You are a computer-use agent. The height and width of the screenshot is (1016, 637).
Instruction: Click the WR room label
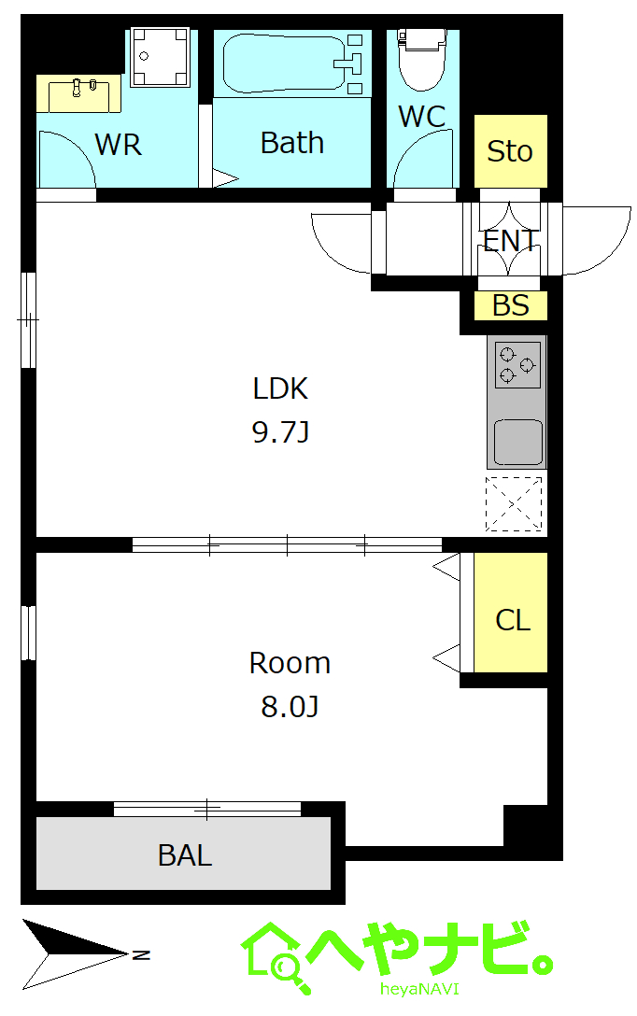(x=118, y=144)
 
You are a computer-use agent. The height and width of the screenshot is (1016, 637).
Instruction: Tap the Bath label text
(x=292, y=143)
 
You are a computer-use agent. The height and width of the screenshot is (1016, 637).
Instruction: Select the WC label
(x=422, y=117)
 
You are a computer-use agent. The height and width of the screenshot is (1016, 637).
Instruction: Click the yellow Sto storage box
(x=511, y=151)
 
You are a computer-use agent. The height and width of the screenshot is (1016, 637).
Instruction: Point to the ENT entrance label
(x=511, y=240)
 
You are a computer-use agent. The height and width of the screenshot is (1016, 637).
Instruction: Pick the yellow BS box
(x=511, y=305)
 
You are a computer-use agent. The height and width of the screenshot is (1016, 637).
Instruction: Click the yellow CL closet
(x=511, y=613)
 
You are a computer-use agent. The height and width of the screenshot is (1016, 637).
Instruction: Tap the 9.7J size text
(x=280, y=431)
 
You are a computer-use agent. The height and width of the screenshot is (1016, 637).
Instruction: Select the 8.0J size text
(x=290, y=706)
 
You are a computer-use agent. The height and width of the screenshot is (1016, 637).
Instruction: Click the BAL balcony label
(x=185, y=855)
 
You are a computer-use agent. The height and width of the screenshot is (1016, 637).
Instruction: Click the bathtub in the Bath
(x=285, y=63)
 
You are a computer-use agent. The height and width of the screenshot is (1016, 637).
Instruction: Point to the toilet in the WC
(x=422, y=59)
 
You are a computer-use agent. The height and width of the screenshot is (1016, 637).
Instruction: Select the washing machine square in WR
(x=160, y=57)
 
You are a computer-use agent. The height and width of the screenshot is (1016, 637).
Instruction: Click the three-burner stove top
(x=517, y=365)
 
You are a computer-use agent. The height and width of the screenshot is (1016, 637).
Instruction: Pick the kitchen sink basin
(x=518, y=443)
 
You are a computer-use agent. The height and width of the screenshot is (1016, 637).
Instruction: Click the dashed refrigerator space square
(x=513, y=504)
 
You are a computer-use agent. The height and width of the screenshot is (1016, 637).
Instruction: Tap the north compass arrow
(x=77, y=953)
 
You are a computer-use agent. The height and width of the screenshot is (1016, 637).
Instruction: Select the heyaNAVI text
(x=419, y=989)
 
